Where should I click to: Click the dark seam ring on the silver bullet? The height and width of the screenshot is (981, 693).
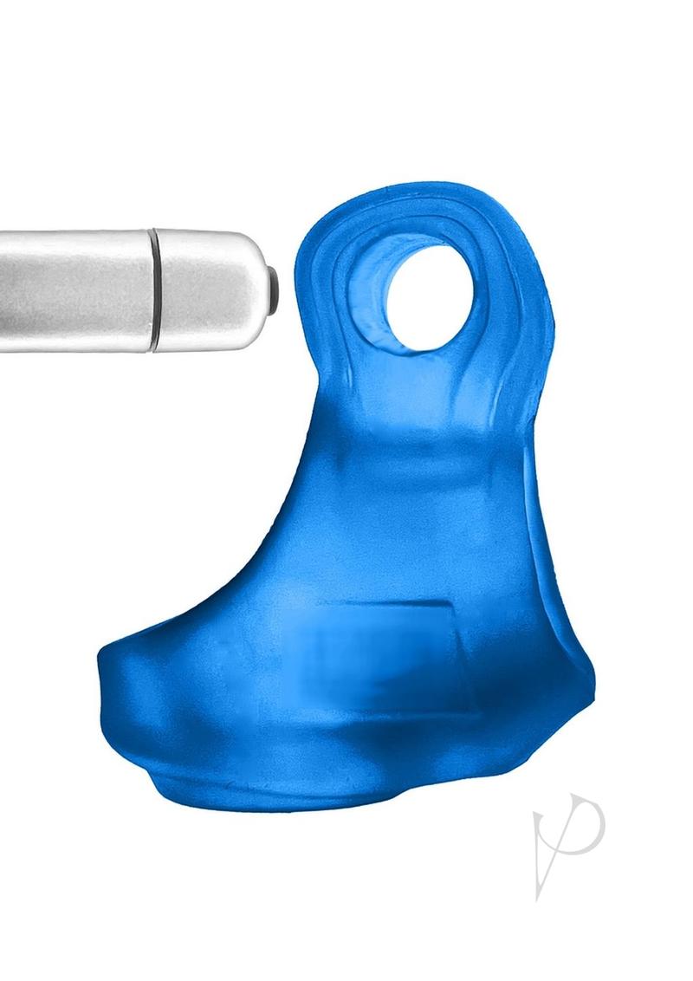point(154,290)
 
